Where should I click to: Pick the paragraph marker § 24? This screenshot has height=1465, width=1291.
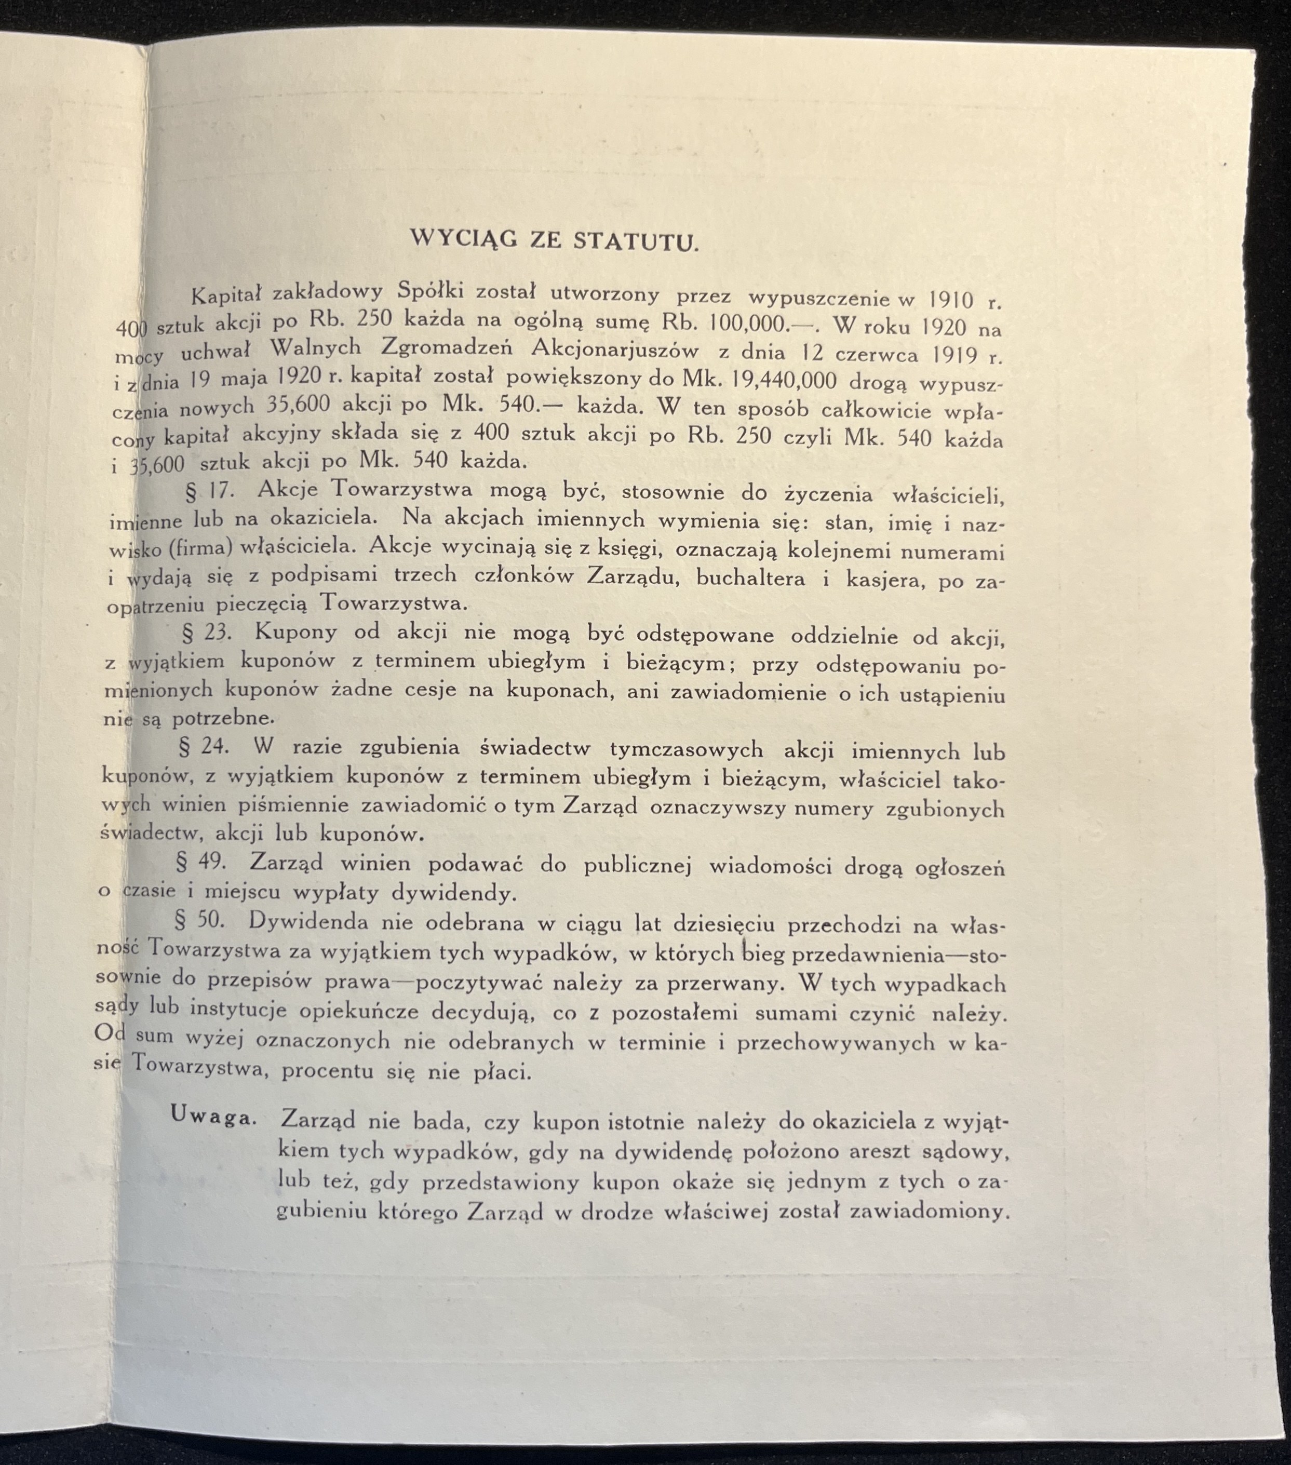point(204,746)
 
